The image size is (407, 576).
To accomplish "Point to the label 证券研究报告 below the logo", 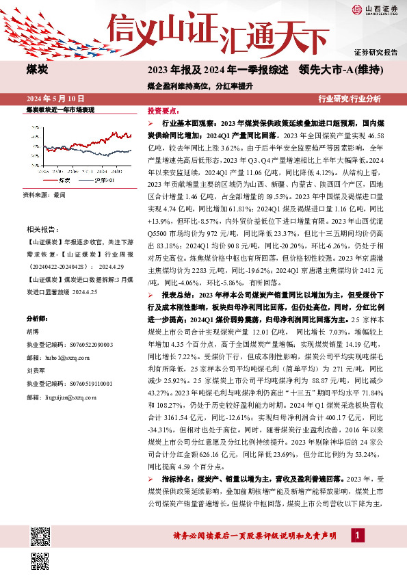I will (x=376, y=52).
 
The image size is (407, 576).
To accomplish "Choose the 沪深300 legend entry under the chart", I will (x=103, y=179).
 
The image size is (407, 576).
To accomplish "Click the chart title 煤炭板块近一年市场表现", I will (x=60, y=109).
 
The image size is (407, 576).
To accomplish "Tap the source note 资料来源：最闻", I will (x=45, y=195).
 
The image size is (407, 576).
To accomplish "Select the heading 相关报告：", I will (x=38, y=228).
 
